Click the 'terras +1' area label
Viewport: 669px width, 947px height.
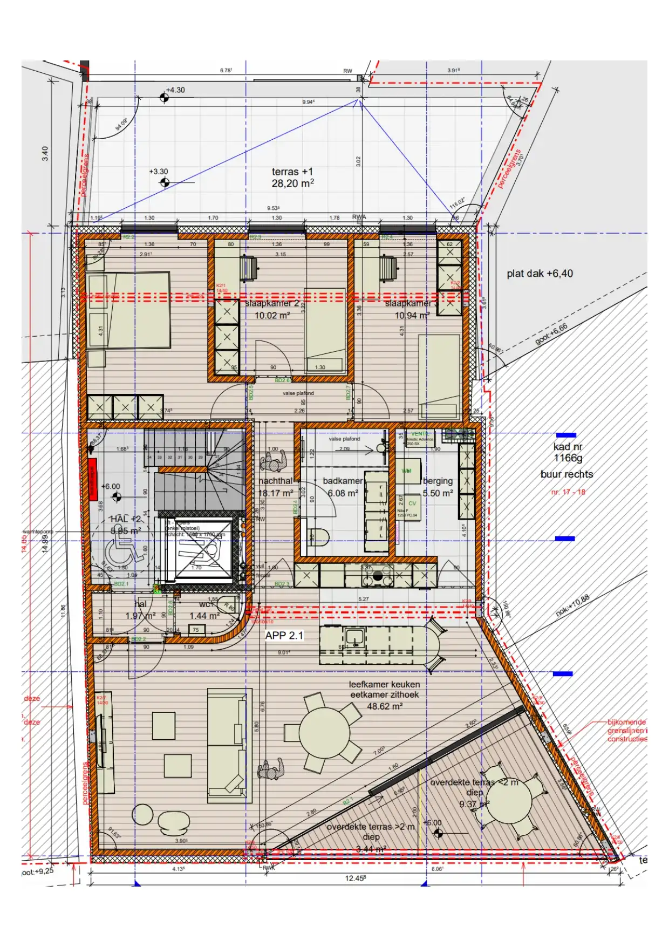[x=292, y=172]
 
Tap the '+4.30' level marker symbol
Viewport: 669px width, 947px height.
[x=164, y=98]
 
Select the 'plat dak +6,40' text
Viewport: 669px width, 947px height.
[x=540, y=274]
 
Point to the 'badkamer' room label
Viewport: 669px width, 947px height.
[x=343, y=481]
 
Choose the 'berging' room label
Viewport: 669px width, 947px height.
[x=438, y=481]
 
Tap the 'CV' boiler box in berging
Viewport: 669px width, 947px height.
[x=412, y=503]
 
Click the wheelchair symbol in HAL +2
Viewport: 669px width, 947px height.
[x=121, y=552]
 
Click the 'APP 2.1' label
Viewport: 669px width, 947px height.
[x=284, y=636]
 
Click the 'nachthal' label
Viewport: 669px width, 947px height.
[x=275, y=481]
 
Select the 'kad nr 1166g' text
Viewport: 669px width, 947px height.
[x=568, y=452]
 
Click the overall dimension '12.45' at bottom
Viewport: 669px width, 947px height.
[x=355, y=878]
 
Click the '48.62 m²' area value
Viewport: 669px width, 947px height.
[x=385, y=706]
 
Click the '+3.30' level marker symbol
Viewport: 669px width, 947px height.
[x=165, y=182]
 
